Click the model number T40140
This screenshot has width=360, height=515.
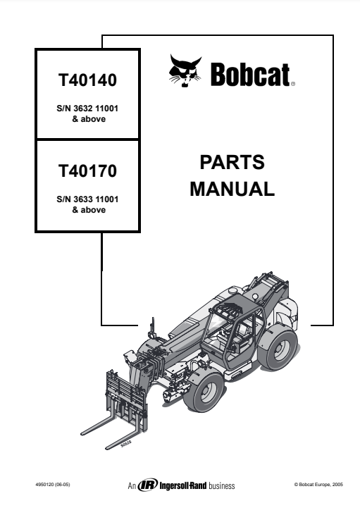coord(87,80)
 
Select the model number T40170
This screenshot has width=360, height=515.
coord(87,171)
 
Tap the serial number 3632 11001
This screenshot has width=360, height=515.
coord(96,108)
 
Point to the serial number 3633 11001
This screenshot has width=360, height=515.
coord(96,199)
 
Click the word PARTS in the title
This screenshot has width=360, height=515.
coord(232,162)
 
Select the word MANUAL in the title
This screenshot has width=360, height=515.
coord(232,190)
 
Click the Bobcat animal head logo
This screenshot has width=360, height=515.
coord(185,71)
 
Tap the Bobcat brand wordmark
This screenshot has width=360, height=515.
coord(250,75)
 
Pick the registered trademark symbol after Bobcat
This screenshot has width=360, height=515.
coord(293,84)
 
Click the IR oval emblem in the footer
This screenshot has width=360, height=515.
coord(147,485)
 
